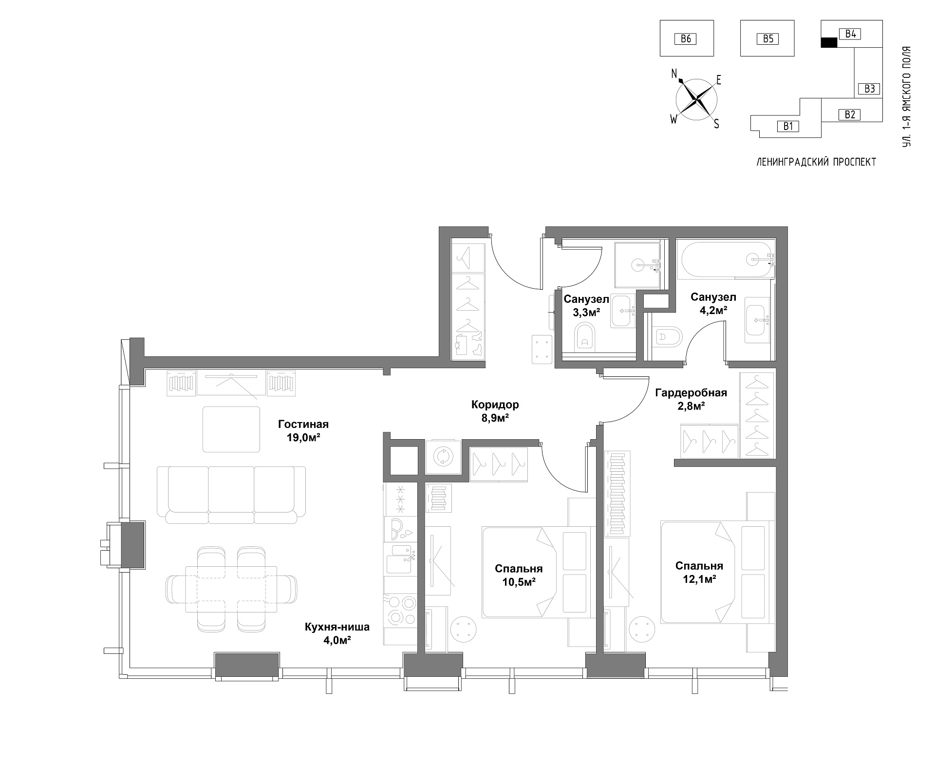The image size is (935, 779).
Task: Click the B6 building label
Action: pos(686,38)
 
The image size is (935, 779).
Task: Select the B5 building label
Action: pos(768,38)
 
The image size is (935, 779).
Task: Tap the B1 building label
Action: pos(788,126)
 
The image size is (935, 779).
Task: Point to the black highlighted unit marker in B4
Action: pos(829,43)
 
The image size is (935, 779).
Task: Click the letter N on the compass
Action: pos(674,74)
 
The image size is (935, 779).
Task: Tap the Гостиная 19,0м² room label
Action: pos(303,430)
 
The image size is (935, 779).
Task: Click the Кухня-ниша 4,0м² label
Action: pos(337,633)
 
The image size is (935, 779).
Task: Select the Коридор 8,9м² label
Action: pos(495,411)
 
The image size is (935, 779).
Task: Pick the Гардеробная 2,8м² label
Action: pos(691,399)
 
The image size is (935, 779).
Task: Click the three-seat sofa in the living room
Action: pos(231,495)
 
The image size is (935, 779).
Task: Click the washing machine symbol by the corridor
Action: pos(443,456)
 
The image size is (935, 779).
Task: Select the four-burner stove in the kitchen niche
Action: pos(400,610)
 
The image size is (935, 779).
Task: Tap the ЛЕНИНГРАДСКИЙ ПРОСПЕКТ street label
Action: pos(816,162)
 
